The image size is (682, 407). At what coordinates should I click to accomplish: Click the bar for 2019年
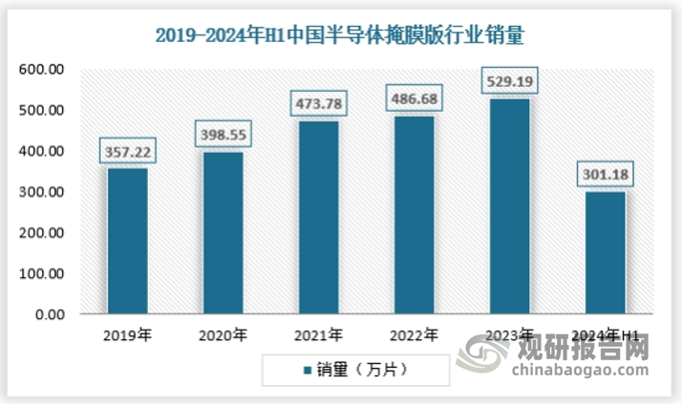(127, 241)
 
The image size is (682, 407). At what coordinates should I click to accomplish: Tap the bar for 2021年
(318, 217)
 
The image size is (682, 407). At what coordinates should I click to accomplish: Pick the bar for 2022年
(414, 214)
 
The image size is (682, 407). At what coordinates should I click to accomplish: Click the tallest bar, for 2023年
(509, 205)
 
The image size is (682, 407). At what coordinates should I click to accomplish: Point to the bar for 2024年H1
(605, 252)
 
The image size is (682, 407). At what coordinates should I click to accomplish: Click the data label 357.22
(127, 151)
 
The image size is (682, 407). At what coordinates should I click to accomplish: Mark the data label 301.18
(605, 175)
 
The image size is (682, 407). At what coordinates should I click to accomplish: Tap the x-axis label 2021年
(318, 335)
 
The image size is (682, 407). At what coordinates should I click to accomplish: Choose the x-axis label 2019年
(127, 335)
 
